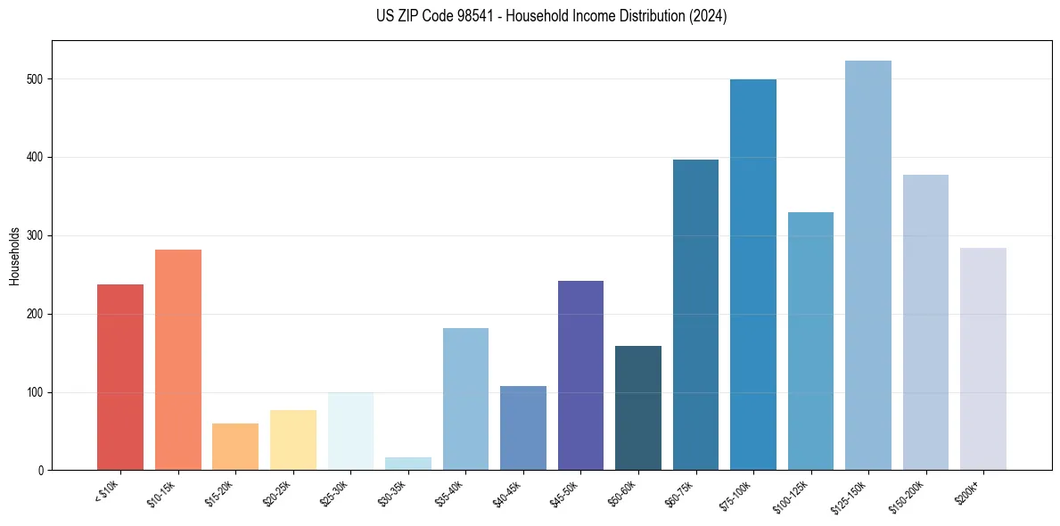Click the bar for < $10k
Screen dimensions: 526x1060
[120, 377]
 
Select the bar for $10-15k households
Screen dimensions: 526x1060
[177, 360]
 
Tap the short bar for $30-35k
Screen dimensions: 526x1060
[350, 464]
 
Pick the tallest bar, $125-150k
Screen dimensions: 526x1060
[868, 266]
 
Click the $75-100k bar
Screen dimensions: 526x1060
[753, 275]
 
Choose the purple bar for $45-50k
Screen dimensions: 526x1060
[580, 375]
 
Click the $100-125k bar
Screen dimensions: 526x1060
[810, 341]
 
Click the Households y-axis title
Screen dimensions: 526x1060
[14, 256]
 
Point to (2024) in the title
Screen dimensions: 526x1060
[708, 17]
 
